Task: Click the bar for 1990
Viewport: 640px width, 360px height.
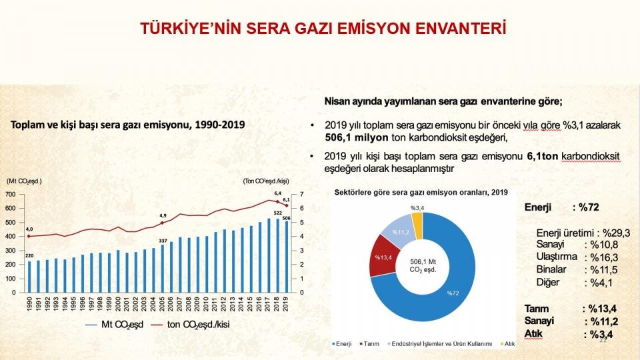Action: [29, 277]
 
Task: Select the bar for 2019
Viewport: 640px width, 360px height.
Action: [286, 257]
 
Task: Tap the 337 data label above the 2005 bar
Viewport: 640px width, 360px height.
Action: [161, 240]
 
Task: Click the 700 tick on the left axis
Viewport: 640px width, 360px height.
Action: [10, 194]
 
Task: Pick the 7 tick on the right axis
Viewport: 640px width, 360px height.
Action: [302, 194]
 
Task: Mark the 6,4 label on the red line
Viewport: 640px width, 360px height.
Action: [277, 193]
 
